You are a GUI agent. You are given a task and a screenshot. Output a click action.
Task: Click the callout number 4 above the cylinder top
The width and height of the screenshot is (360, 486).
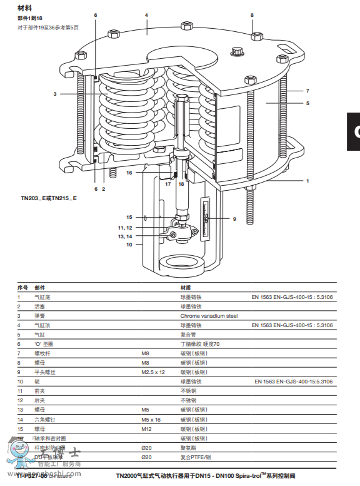[x=146, y=14]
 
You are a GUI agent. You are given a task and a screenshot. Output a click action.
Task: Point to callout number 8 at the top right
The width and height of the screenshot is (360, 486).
[x=252, y=14]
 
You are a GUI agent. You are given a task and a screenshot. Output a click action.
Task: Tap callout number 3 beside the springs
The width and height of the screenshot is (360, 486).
[x=55, y=94]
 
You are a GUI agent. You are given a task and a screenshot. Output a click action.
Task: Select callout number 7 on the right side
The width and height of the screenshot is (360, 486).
[x=307, y=91]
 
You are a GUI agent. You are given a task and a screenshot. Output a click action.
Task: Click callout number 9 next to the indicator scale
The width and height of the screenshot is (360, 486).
[x=234, y=219]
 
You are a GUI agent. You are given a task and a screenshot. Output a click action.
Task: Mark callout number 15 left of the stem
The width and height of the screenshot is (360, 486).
[x=129, y=217]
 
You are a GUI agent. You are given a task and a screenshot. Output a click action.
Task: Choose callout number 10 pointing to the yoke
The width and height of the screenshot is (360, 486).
[x=129, y=245]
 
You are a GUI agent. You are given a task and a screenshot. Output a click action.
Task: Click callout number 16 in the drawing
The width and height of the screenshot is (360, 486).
[x=129, y=173]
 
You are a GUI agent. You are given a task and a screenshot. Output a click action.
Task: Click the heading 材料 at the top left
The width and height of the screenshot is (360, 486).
[x=24, y=8]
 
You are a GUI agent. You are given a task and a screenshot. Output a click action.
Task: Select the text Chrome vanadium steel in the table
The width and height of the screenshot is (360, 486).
[x=209, y=316]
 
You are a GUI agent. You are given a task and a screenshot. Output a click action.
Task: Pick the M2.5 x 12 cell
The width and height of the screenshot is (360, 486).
[x=153, y=372]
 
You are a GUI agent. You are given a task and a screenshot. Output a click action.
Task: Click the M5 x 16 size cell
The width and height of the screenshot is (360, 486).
[x=151, y=419]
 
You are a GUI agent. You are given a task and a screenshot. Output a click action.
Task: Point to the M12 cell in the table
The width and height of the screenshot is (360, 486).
[x=146, y=428]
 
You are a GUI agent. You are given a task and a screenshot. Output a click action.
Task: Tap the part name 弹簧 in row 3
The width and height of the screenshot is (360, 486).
[x=39, y=316]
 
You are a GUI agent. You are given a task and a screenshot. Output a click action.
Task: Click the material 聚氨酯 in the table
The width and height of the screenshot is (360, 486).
[x=188, y=447]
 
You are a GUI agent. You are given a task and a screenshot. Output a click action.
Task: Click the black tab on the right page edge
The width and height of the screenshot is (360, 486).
[x=354, y=131]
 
